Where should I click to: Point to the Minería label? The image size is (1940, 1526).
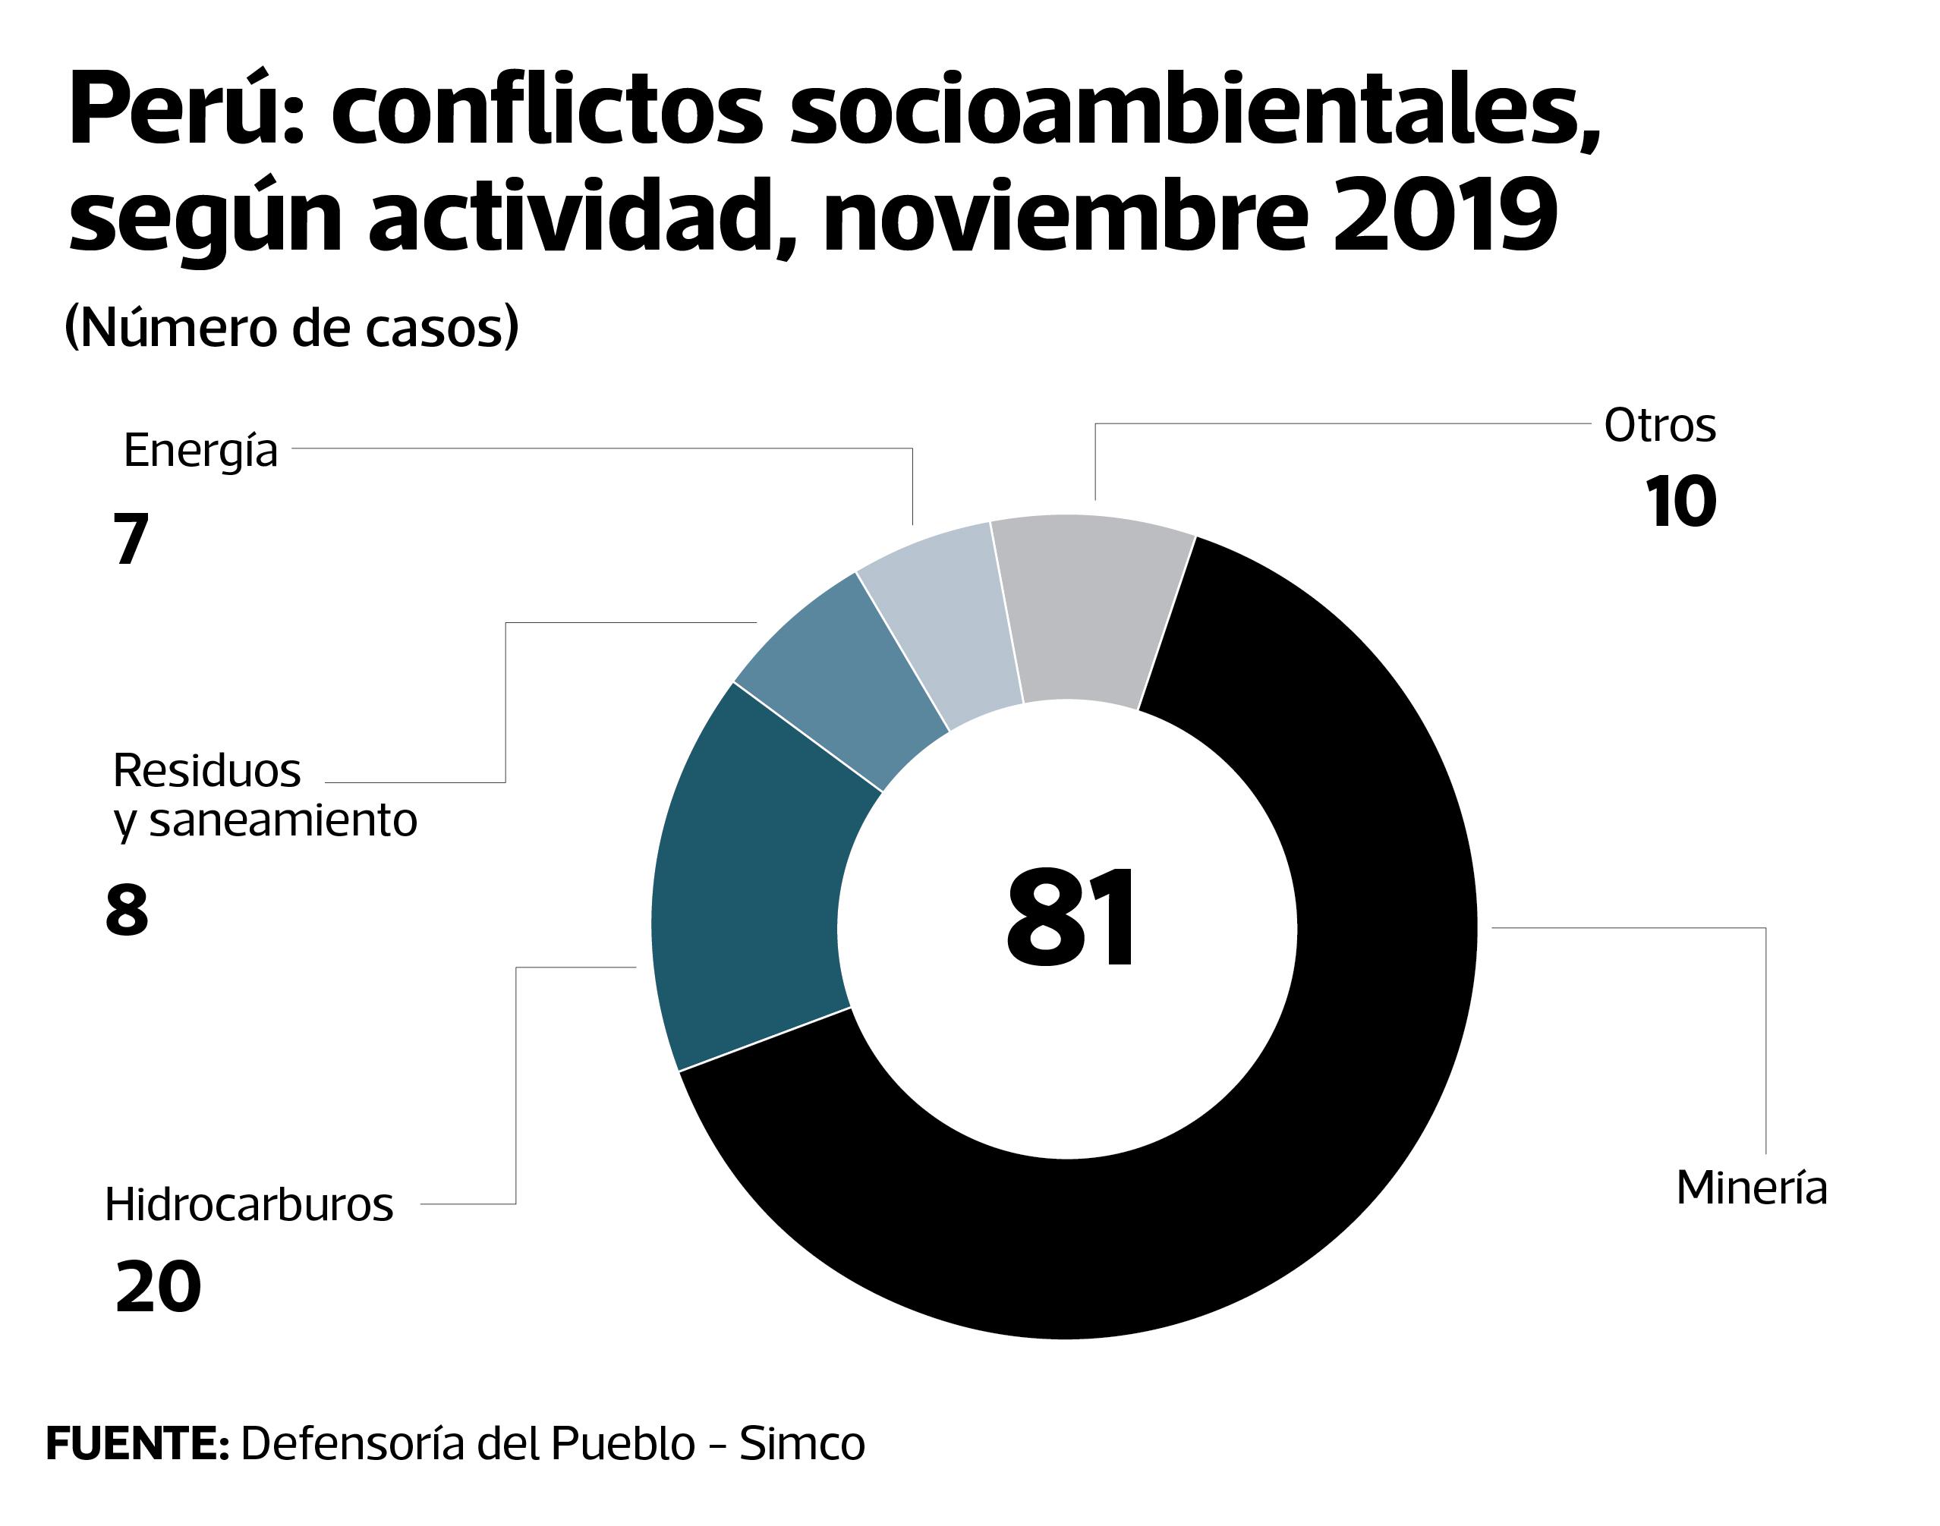pyautogui.click(x=1752, y=1188)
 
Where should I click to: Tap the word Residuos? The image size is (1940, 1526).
pyautogui.click(x=206, y=770)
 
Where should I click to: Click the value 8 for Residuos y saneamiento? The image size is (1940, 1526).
pyautogui.click(x=127, y=911)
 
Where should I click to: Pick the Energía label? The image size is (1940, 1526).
pyautogui.click(x=200, y=449)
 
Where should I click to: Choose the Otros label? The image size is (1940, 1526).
pyautogui.click(x=1659, y=425)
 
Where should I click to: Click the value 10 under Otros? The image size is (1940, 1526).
pyautogui.click(x=1680, y=502)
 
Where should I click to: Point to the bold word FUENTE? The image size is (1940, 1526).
pyautogui.click(x=137, y=1443)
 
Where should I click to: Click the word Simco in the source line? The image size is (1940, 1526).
pyautogui.click(x=802, y=1443)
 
